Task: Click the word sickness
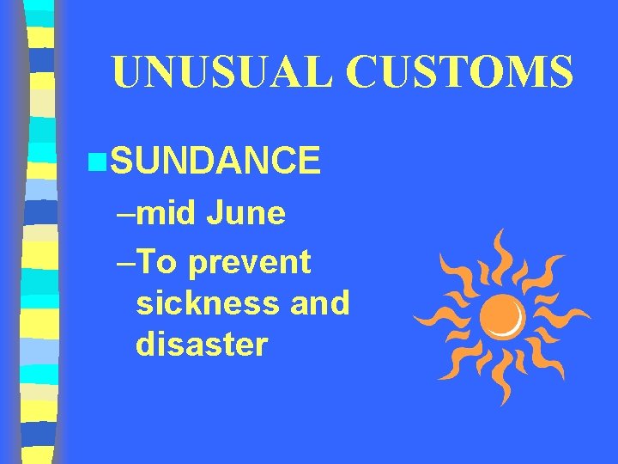coord(201,302)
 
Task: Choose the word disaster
coord(202,344)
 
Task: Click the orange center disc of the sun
coord(500,314)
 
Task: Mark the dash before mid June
coord(125,214)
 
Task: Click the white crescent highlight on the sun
coord(517,322)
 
